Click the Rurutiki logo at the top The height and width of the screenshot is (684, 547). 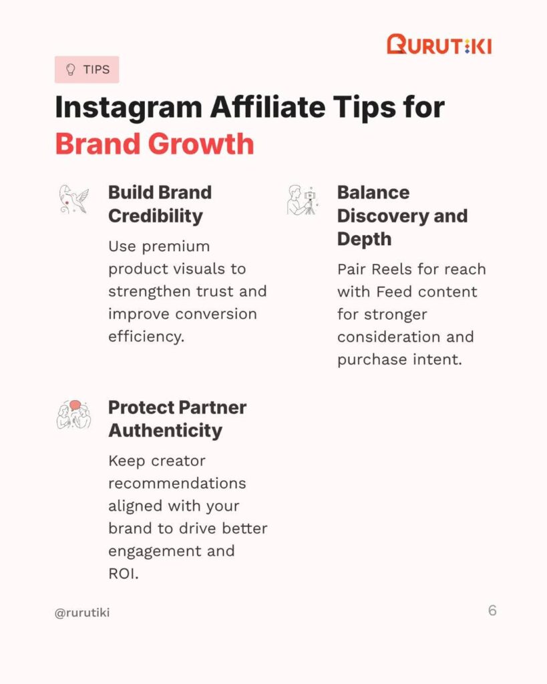439,45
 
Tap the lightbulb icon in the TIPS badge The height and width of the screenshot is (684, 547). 70,69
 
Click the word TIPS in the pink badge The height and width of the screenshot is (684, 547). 96,69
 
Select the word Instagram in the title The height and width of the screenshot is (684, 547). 129,108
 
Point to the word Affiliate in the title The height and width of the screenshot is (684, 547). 268,107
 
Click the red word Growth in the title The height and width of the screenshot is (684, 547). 201,144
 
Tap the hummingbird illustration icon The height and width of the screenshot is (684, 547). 73,199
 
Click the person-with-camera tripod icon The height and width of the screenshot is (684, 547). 303,200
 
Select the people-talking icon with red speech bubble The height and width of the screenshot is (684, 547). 73,414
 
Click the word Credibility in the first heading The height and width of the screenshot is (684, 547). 156,216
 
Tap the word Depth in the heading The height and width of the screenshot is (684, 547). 364,240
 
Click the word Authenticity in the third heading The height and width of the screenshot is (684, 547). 166,431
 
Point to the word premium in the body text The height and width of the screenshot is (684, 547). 176,247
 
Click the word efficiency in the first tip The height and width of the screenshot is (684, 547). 146,337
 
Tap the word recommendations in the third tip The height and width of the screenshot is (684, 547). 177,484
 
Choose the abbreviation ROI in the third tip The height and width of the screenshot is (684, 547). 124,574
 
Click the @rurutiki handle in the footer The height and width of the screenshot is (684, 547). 82,613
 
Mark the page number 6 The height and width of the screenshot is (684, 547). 492,611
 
